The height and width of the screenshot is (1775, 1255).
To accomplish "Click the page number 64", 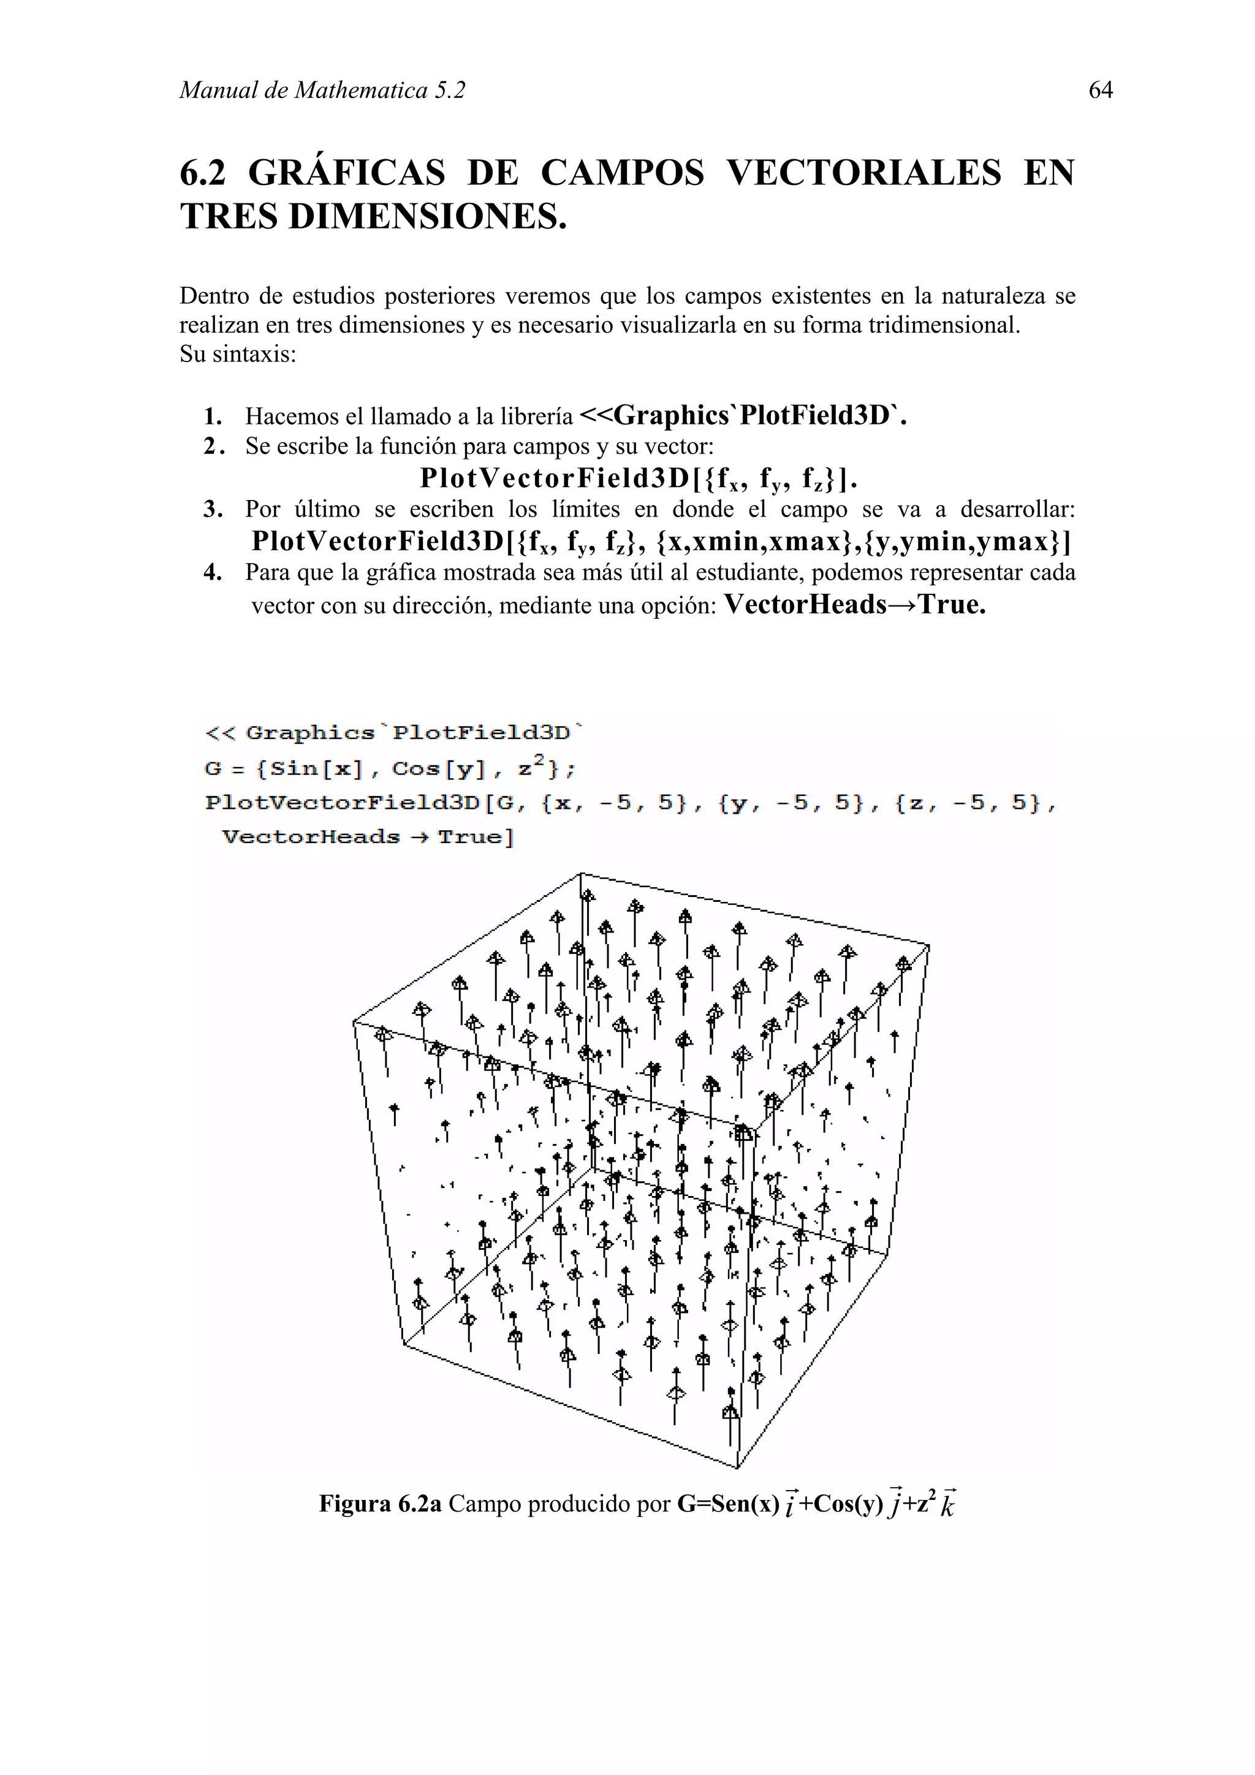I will coord(1101,91).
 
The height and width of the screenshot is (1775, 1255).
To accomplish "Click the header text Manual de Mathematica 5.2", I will coord(322,91).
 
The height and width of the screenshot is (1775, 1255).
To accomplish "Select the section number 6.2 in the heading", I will coord(203,172).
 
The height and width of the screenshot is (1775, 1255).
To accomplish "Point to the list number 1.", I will coord(213,417).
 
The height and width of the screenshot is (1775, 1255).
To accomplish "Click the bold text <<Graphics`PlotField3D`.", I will coord(742,415).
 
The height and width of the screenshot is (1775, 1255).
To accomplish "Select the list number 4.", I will coord(213,573).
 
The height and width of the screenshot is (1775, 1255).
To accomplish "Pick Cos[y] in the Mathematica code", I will coord(438,769).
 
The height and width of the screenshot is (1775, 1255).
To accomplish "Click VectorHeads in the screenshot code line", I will coord(311,837).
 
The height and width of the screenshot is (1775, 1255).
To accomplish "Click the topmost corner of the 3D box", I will coord(581,874).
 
